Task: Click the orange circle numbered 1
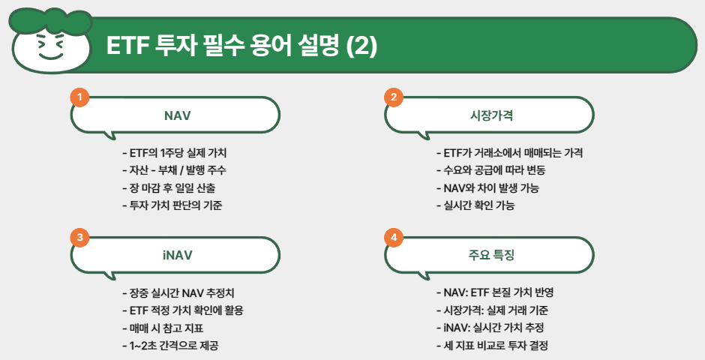(79, 97)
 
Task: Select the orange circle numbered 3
(79, 237)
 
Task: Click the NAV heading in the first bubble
(177, 116)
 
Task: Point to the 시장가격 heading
(491, 116)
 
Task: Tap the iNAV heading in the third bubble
(177, 255)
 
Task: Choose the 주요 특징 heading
(491, 255)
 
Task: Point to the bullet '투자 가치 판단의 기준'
(177, 205)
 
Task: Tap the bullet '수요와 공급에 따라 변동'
(496, 170)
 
